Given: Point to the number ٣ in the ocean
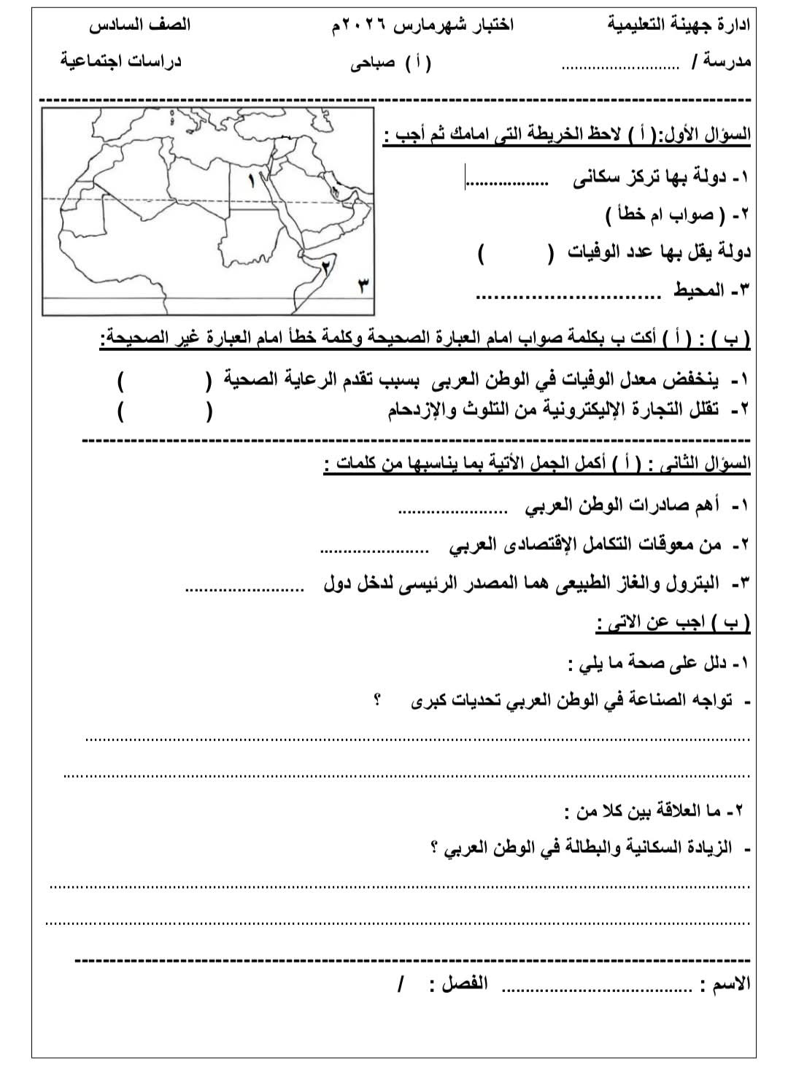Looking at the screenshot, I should pyautogui.click(x=360, y=285).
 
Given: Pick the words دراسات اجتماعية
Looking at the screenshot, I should pyautogui.click(x=120, y=61).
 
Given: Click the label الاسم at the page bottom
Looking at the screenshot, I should pyautogui.click(x=733, y=984).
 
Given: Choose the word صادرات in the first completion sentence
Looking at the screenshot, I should pyautogui.click(x=655, y=505).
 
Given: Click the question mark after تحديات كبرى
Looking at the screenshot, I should pyautogui.click(x=376, y=701).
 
